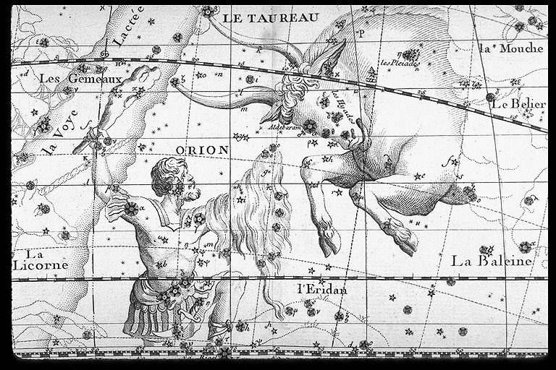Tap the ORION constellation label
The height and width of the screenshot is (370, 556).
(x=202, y=150)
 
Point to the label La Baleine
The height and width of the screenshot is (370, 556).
(x=492, y=261)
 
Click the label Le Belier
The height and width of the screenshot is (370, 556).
(x=518, y=104)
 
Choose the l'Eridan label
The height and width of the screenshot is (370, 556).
(x=322, y=290)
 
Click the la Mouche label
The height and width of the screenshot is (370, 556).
(x=511, y=48)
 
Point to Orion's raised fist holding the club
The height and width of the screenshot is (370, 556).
(x=93, y=134)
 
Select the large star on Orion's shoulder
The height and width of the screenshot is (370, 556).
(x=131, y=209)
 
